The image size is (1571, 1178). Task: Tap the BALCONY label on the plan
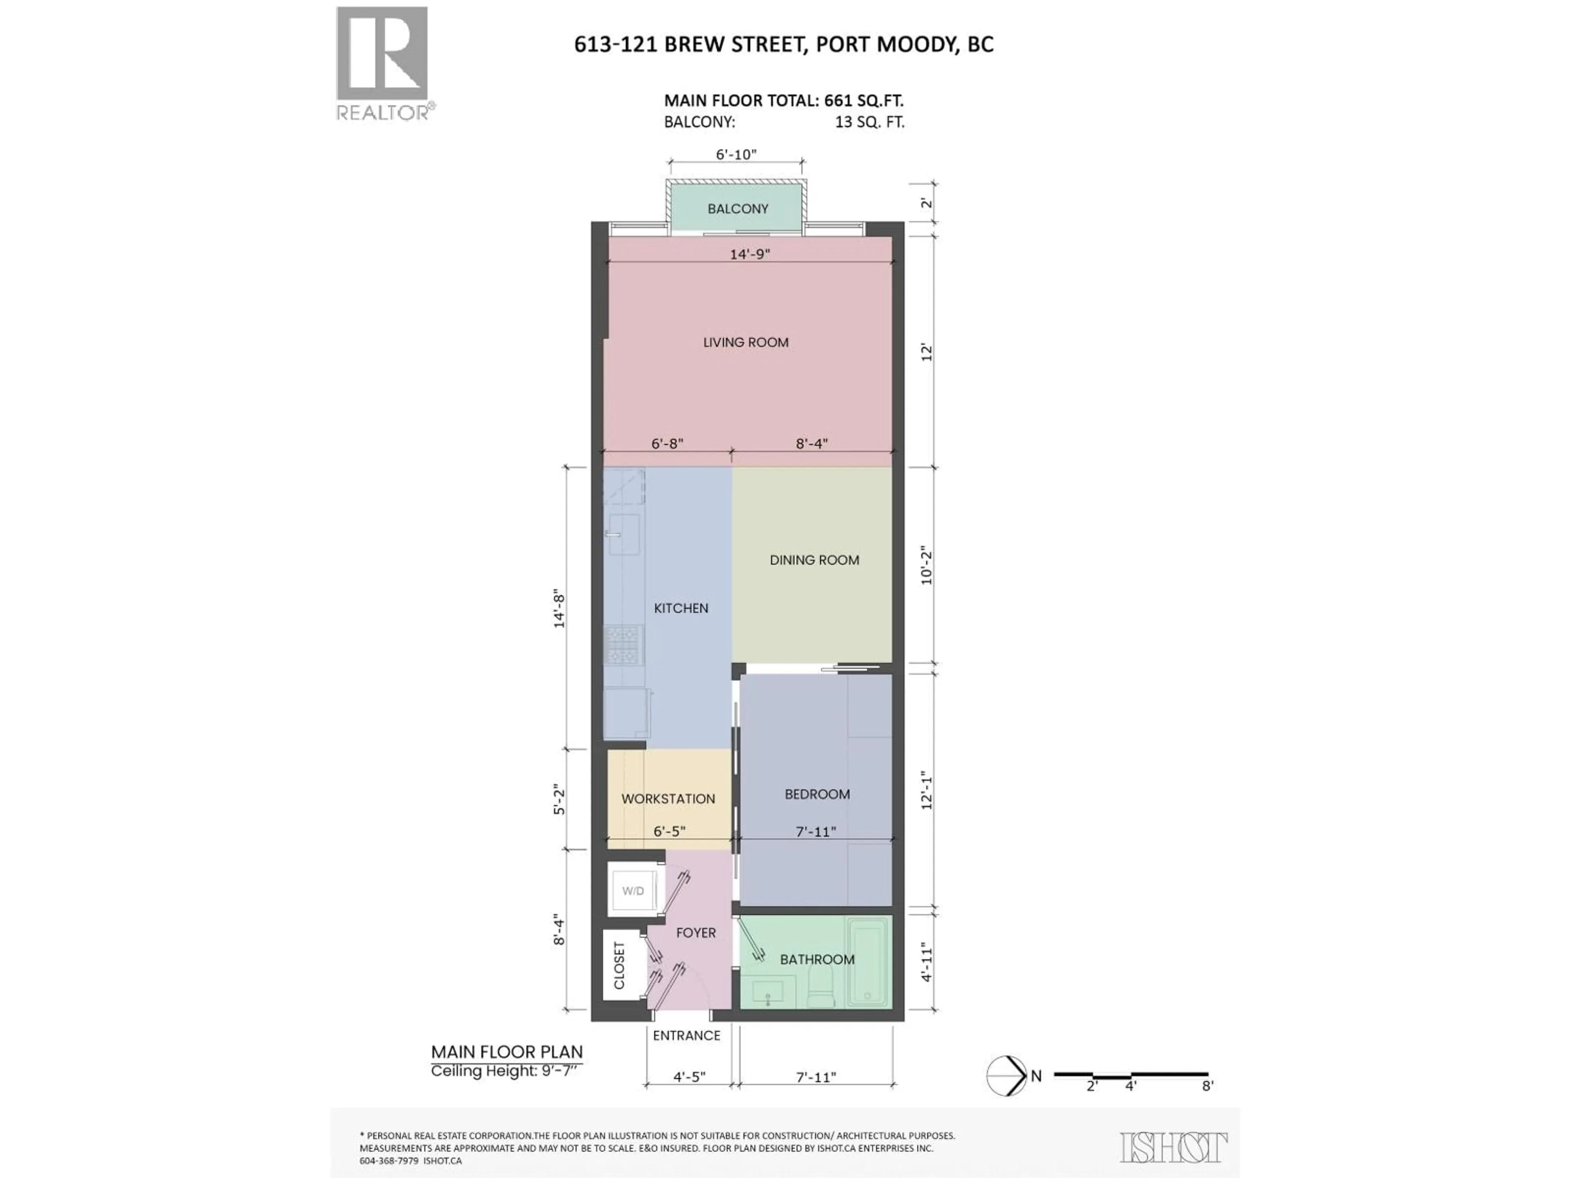pos(737,209)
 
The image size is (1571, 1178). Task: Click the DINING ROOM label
pos(814,560)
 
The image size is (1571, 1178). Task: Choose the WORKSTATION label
pos(668,799)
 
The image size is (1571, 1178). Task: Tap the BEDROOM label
pos(817,794)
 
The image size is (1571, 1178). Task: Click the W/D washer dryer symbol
pos(633,890)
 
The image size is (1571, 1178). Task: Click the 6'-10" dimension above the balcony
pos(736,155)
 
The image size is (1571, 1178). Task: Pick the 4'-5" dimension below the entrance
pos(689,1077)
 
